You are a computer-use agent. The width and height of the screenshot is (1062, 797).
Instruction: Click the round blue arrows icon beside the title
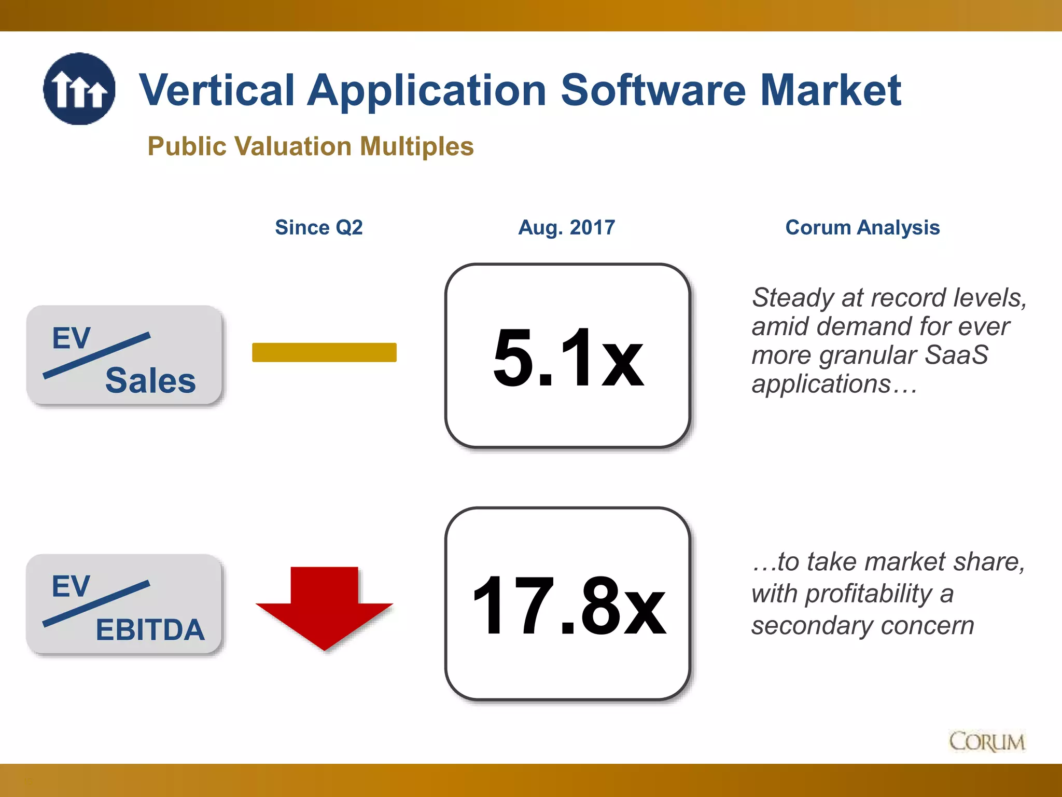pos(79,89)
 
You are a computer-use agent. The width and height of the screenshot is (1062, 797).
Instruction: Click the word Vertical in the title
pos(217,90)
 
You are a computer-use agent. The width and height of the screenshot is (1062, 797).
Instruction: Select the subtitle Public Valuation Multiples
pos(310,146)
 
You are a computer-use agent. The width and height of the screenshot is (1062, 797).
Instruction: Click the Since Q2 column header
pos(318,227)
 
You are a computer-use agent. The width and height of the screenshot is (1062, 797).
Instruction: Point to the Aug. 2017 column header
pos(566,227)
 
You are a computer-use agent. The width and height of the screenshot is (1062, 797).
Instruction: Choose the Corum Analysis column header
pos(862,227)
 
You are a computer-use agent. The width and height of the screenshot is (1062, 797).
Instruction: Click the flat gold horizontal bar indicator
pos(324,352)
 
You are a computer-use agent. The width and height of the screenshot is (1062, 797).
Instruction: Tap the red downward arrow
pos(325,607)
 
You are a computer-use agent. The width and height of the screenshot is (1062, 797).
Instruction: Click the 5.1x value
pos(568,358)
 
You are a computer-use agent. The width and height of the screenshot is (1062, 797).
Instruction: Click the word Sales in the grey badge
pos(150,380)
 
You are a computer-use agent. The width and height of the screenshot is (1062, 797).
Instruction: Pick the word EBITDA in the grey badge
pos(150,629)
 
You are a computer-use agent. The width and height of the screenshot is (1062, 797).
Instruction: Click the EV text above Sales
pos(71,338)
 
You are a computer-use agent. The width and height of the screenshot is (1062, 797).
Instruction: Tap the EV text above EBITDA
pos(71,586)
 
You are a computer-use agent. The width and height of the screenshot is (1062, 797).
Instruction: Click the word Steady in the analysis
pos(793,298)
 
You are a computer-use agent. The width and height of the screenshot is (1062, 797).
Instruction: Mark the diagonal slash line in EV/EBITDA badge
pos(96,603)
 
